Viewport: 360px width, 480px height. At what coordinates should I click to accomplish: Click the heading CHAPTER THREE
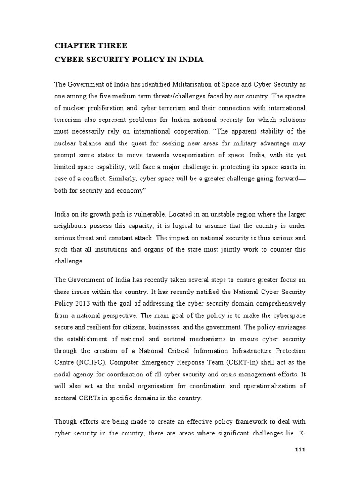pos(90,45)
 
